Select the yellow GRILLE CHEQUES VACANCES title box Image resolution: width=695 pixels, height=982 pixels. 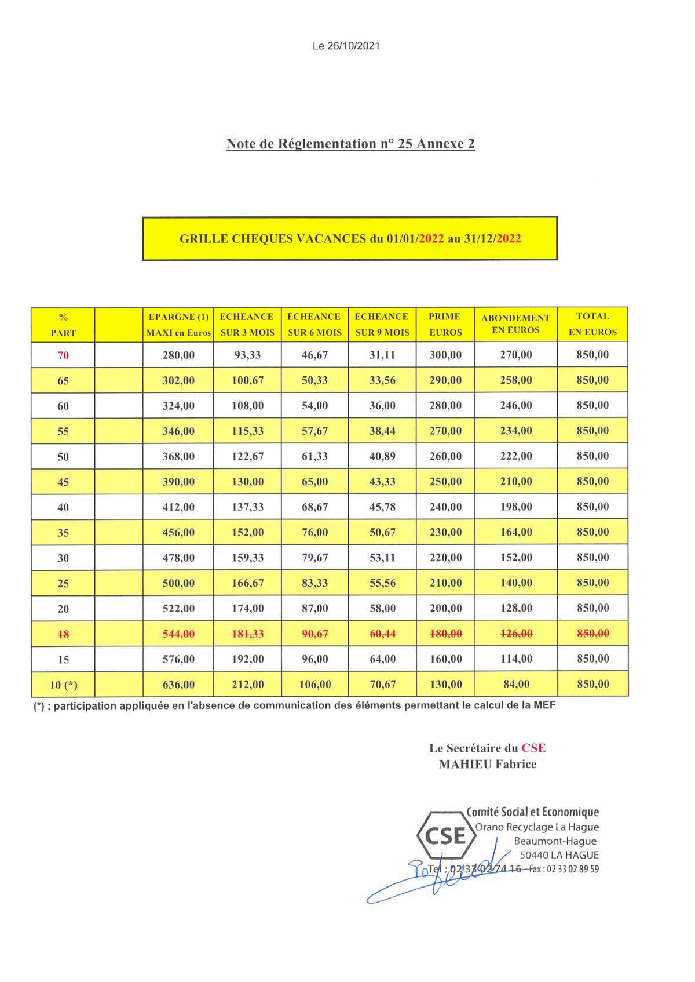[x=350, y=238]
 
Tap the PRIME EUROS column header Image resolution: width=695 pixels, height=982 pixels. [x=445, y=324]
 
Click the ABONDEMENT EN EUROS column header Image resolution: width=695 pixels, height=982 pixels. [x=515, y=324]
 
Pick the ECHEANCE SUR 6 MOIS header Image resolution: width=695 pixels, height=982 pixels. [x=314, y=324]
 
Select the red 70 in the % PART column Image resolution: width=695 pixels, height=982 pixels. [x=63, y=355]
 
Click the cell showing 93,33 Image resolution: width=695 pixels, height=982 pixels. [x=247, y=355]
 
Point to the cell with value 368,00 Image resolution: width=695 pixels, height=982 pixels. [x=178, y=456]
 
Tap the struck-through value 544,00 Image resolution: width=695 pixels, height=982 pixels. [x=178, y=634]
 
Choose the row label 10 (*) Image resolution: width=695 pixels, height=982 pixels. [x=63, y=685]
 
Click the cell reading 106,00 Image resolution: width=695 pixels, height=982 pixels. [x=314, y=685]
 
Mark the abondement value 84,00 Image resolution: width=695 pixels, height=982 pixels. [x=516, y=685]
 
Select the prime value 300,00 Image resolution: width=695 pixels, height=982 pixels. [x=445, y=355]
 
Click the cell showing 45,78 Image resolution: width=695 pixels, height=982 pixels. [x=382, y=507]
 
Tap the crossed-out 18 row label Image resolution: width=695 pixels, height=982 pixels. [x=63, y=634]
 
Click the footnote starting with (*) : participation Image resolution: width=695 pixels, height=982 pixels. [x=294, y=705]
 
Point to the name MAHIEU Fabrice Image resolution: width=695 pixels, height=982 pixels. [x=487, y=764]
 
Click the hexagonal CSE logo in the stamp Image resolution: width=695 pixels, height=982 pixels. [x=445, y=835]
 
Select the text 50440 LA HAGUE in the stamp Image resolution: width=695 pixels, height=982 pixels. [x=559, y=854]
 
